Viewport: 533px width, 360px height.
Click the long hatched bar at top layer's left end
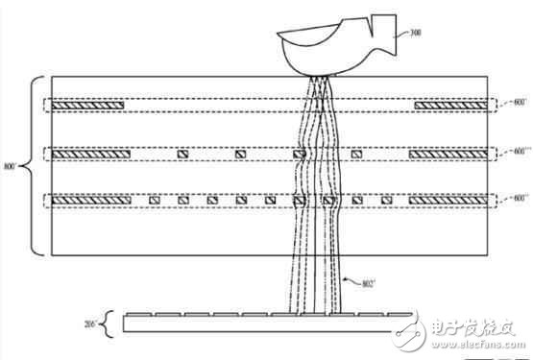[x=89, y=104]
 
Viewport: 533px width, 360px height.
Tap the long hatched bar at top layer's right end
[x=448, y=104]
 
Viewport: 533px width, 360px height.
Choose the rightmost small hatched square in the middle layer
[x=356, y=154]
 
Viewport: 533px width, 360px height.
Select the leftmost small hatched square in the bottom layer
[x=154, y=200]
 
